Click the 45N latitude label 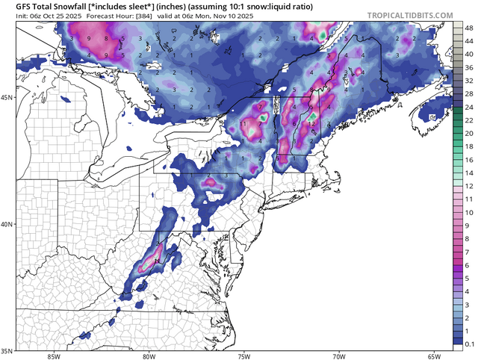pyautogui.click(x=7, y=97)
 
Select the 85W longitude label pyautogui.click(x=53, y=356)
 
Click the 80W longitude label pyautogui.click(x=148, y=356)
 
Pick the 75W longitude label pyautogui.click(x=243, y=356)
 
